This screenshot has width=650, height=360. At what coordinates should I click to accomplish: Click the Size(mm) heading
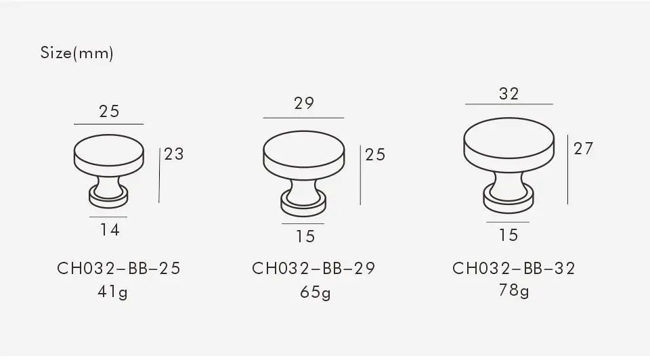pyautogui.click(x=77, y=53)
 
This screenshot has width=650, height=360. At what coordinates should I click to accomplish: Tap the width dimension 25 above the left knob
pyautogui.click(x=109, y=111)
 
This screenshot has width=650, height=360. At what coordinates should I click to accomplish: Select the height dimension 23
pyautogui.click(x=174, y=154)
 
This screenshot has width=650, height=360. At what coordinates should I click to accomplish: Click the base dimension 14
pyautogui.click(x=110, y=230)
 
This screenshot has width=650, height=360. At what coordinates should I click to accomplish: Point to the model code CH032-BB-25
pyautogui.click(x=118, y=269)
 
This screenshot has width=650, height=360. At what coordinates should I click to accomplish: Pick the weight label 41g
pyautogui.click(x=113, y=292)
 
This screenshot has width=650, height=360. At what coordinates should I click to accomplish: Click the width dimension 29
pyautogui.click(x=304, y=104)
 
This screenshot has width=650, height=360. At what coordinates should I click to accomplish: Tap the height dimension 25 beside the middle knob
pyautogui.click(x=375, y=154)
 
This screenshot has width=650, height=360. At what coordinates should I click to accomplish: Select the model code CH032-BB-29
pyautogui.click(x=313, y=269)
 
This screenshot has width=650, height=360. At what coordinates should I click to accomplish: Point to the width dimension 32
pyautogui.click(x=508, y=94)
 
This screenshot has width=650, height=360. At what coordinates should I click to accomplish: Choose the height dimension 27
pyautogui.click(x=583, y=148)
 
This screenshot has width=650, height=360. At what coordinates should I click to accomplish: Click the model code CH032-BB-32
pyautogui.click(x=514, y=269)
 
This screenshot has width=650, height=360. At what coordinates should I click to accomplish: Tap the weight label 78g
pyautogui.click(x=514, y=290)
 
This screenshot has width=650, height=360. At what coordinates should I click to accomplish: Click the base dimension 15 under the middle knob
pyautogui.click(x=305, y=236)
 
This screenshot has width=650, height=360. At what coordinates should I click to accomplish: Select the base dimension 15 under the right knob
pyautogui.click(x=508, y=235)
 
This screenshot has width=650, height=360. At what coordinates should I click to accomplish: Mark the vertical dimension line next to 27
pyautogui.click(x=568, y=168)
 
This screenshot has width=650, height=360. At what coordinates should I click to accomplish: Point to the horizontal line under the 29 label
pyautogui.click(x=303, y=118)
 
